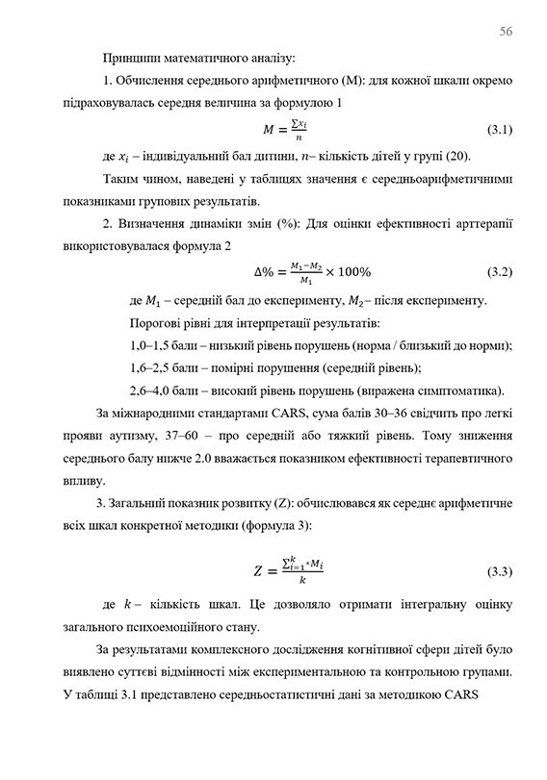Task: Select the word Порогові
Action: point(158,320)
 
